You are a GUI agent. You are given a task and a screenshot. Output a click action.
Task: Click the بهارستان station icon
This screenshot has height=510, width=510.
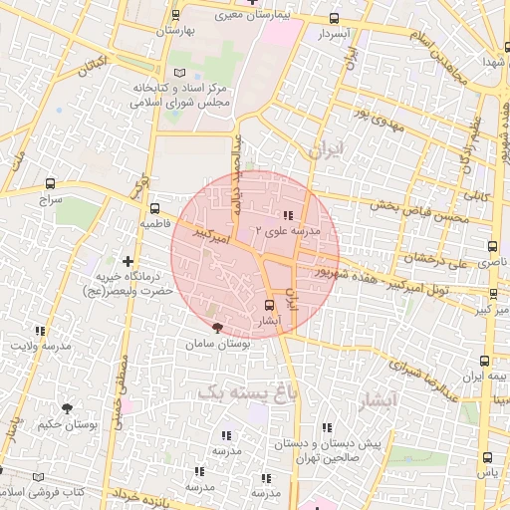(176, 15)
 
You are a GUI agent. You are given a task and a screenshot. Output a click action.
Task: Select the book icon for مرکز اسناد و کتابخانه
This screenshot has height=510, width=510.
(179, 73)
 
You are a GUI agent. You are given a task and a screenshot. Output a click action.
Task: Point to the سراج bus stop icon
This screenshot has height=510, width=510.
(51, 183)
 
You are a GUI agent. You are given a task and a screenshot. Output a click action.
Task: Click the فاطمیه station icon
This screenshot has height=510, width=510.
(153, 209)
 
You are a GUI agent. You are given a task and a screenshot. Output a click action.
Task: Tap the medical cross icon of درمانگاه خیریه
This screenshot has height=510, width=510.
(127, 260)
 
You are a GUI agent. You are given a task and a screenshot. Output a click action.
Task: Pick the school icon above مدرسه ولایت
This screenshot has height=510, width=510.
(41, 331)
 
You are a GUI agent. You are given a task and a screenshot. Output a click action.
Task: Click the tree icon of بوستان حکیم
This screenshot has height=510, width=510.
(68, 407)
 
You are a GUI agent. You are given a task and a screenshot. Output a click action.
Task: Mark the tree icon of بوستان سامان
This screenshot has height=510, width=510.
(217, 328)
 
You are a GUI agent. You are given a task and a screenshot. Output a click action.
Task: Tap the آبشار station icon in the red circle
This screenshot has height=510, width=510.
(268, 305)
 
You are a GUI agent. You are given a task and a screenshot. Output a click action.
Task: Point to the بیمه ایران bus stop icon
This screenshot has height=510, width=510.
(485, 363)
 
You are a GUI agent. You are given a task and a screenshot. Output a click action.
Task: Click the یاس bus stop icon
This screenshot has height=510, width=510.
(487, 458)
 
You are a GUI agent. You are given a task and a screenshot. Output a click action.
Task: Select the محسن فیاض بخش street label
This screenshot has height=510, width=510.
(417, 201)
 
